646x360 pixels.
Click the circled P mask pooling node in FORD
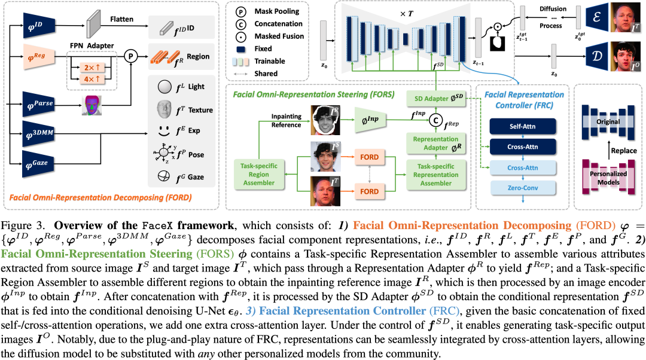(129, 57)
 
